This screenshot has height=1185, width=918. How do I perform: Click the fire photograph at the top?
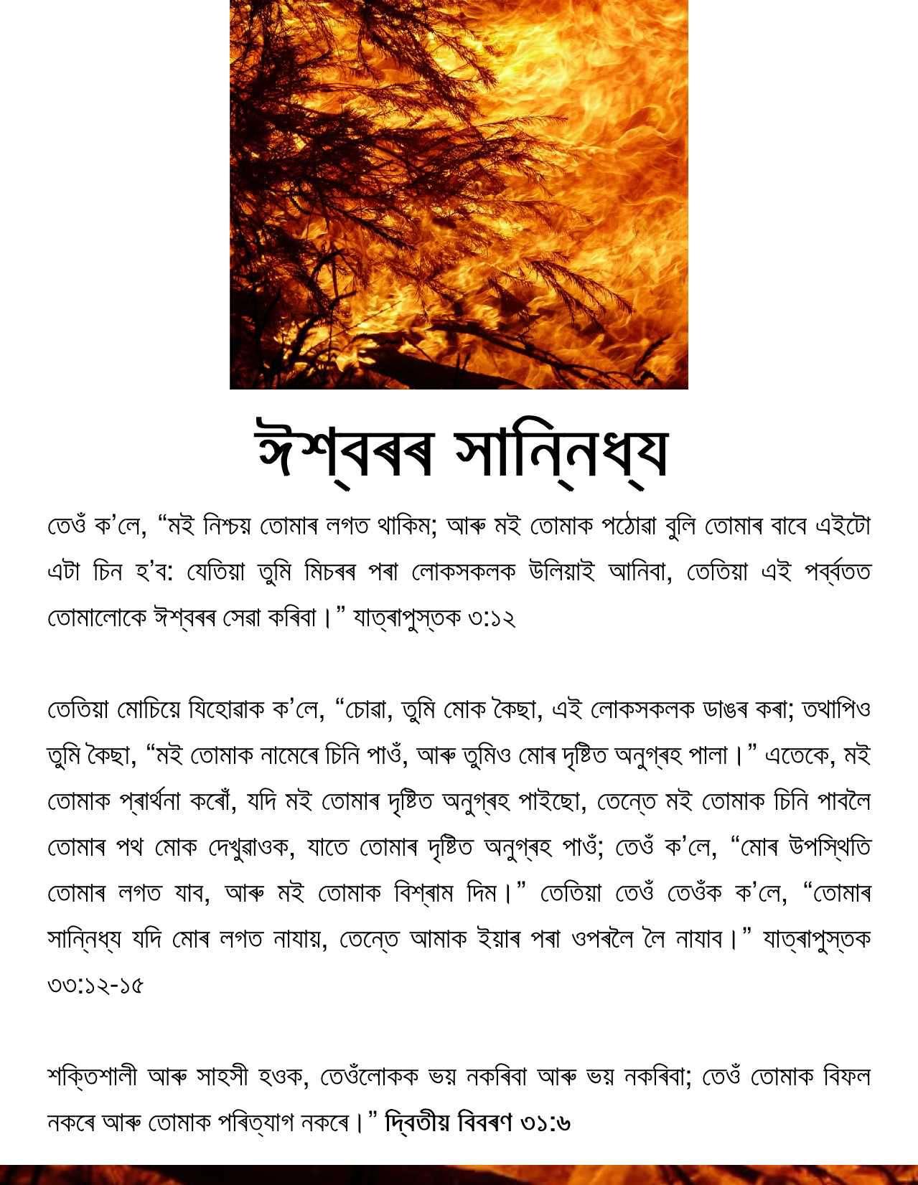pyautogui.click(x=459, y=194)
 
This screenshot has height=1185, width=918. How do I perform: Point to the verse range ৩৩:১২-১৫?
pyautogui.click(x=95, y=985)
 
